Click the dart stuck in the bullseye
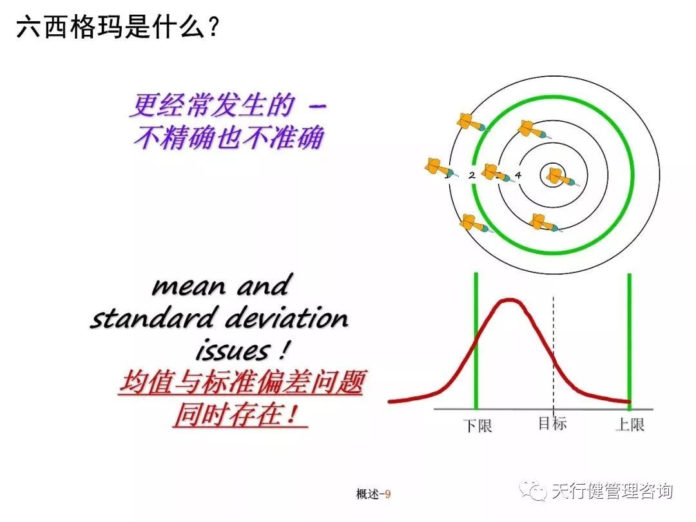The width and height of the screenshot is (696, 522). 558,176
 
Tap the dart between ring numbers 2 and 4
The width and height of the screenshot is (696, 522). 495,173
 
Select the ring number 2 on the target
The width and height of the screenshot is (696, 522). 472,175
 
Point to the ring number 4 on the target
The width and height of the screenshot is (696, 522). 518,175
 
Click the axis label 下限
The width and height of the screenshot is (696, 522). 478,426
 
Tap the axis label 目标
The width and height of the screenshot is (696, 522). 552,423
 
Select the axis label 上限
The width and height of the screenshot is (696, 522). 630,425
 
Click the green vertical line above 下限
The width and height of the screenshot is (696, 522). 476,322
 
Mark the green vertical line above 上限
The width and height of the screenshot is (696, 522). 629,322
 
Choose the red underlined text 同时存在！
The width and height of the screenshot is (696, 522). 239,414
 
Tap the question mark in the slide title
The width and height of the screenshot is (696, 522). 211,28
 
